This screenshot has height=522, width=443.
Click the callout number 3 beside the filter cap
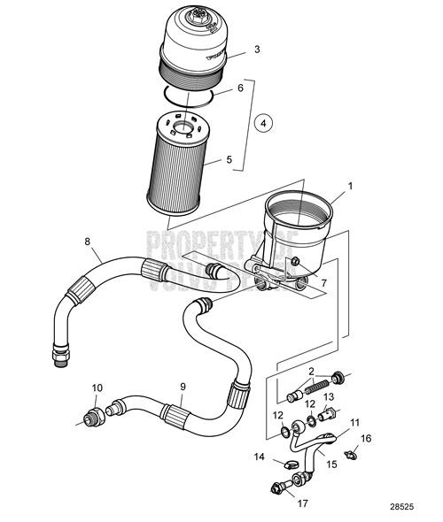pos(256,49)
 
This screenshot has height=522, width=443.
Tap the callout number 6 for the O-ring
pos(240,90)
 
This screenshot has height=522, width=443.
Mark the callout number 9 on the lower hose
pos(183,386)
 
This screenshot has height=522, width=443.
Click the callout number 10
pos(97,388)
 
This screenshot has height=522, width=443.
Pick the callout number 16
pos(366,438)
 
